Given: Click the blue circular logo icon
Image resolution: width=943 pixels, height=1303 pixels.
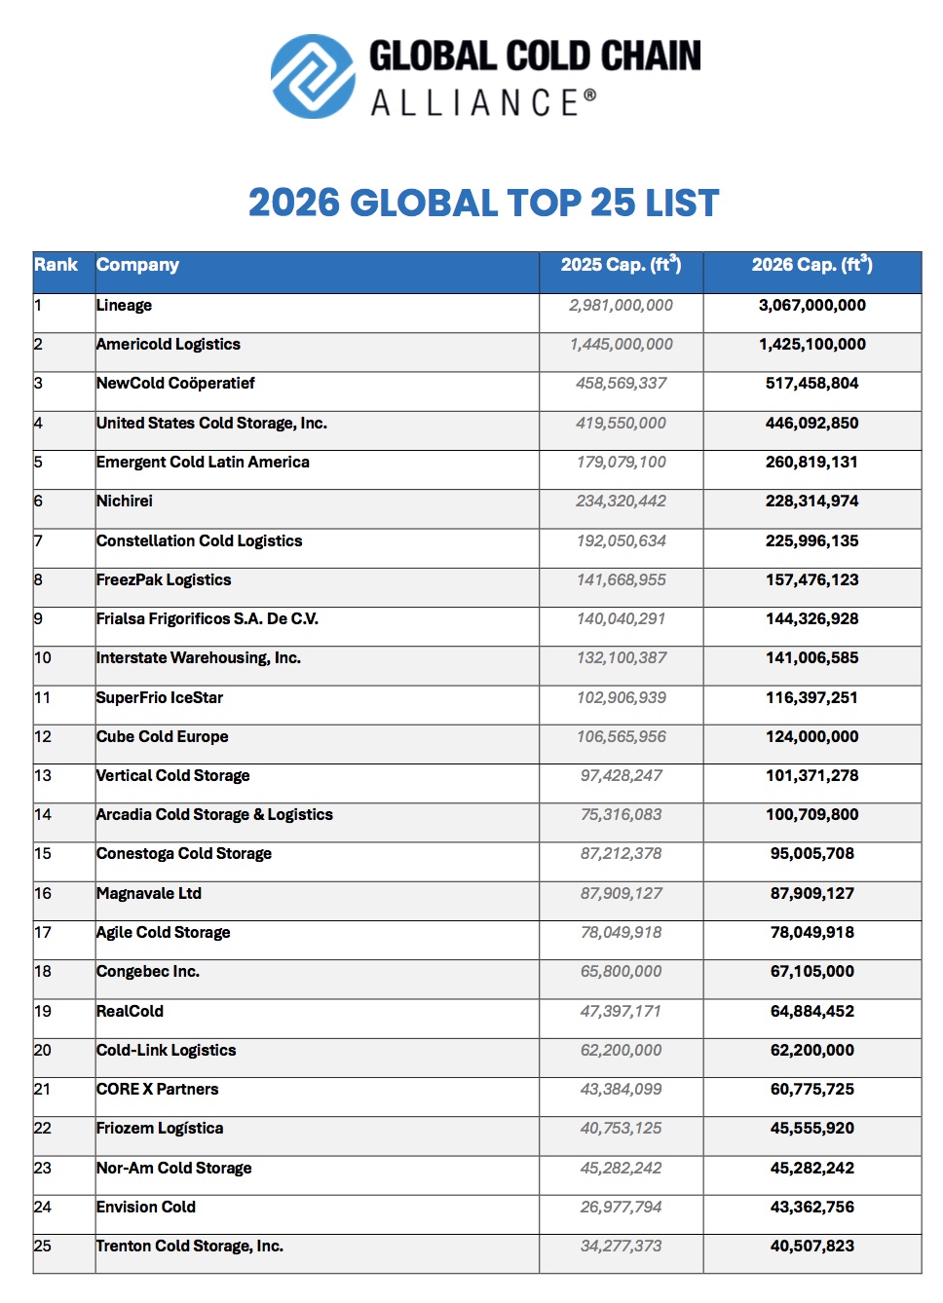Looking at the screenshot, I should (x=313, y=77).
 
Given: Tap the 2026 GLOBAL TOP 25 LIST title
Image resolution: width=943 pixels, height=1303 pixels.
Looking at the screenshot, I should (x=483, y=203).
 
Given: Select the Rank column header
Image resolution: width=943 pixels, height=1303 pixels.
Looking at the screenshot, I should (x=56, y=265).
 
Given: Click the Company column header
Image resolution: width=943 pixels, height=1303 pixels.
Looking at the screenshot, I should (x=137, y=265).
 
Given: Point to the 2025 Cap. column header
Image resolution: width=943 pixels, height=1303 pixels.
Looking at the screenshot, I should (x=621, y=265).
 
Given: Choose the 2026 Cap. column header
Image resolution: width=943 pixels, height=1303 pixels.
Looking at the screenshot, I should (x=811, y=265).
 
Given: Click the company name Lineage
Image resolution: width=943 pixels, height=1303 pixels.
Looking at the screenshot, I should (x=124, y=306).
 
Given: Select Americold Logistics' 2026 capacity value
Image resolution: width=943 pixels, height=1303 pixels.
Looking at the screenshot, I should (x=811, y=345).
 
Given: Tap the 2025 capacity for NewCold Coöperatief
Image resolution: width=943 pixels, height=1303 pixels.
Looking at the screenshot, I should (x=621, y=384).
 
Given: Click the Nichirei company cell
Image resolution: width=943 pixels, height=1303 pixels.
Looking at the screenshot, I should (x=125, y=502).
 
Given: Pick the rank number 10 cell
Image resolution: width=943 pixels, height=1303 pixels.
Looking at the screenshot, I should (x=43, y=658).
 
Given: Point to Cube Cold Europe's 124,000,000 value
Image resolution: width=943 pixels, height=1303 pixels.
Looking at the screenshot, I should (x=811, y=737).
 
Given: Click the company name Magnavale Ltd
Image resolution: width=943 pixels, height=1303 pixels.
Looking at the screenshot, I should (x=149, y=894).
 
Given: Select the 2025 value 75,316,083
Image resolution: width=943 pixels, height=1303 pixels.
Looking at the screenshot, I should (x=621, y=815).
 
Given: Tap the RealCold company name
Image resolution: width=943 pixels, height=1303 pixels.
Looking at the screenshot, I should (x=130, y=1012).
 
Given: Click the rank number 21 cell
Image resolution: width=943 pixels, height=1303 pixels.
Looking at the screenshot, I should (x=43, y=1090).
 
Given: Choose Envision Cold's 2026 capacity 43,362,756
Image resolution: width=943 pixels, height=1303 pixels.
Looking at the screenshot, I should (x=811, y=1208).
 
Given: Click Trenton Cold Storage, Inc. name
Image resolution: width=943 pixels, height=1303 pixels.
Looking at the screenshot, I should (x=190, y=1247).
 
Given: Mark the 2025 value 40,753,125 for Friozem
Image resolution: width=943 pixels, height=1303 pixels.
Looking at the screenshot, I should (x=621, y=1129).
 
